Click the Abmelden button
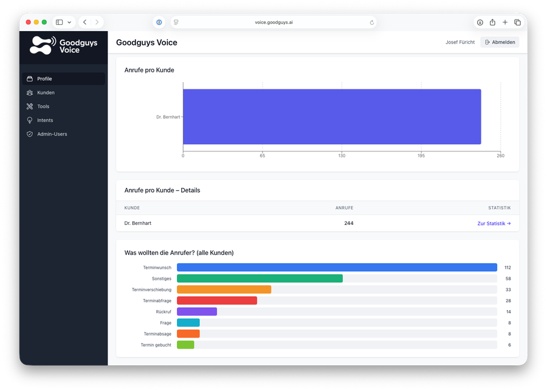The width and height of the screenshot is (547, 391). tap(500, 42)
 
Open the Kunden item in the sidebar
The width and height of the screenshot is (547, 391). tap(46, 92)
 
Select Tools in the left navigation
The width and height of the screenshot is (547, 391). tap(43, 106)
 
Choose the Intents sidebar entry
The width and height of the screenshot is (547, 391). tap(45, 120)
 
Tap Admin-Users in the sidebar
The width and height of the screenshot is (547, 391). tap(52, 134)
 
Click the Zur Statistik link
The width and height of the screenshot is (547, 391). tap(494, 223)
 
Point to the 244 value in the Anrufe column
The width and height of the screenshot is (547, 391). tap(348, 223)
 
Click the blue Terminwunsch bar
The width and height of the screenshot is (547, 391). tap(337, 268)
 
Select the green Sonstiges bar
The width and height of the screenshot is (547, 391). tap(260, 279)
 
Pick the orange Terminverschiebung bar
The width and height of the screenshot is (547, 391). tap(224, 289)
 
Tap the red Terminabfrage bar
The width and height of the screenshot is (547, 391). tap(216, 300)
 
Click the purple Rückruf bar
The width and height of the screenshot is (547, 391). tap(196, 311)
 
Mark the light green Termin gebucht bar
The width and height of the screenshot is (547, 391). tap(185, 345)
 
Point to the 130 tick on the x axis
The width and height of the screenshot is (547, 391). tap(342, 156)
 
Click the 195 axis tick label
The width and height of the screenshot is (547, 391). tap(421, 156)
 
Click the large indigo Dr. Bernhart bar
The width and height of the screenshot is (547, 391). tap(331, 117)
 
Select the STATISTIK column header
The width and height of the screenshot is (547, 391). tap(499, 208)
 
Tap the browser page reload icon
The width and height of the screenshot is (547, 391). tap(371, 22)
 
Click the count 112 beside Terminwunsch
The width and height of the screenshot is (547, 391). tap(507, 268)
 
